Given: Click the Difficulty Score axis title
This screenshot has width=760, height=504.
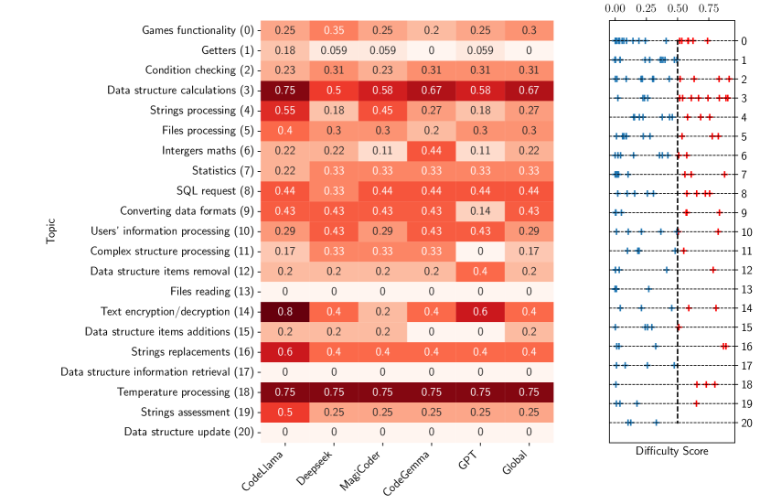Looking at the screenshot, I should point(671,451).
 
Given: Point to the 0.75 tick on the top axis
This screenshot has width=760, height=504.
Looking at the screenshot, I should point(709,9).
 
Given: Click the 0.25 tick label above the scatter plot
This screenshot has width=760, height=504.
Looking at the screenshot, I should point(647,9).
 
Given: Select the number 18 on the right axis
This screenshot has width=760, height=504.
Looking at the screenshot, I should point(745,385).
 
